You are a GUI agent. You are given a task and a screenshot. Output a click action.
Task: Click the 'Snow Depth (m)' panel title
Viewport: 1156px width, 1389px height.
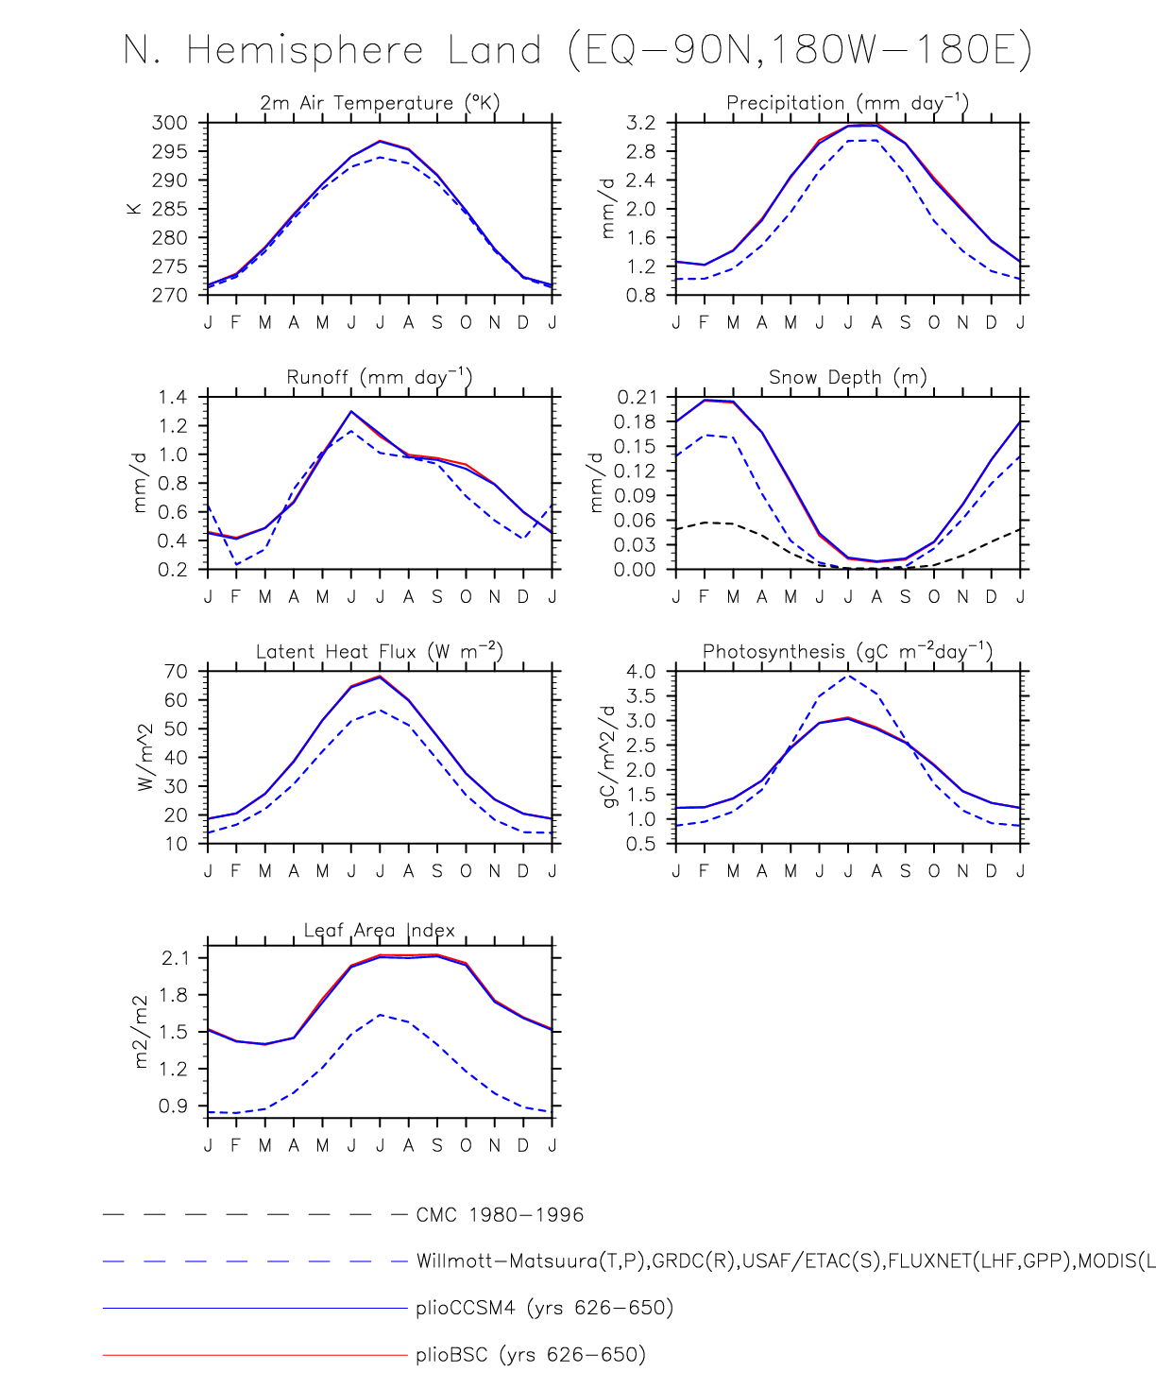click(x=847, y=377)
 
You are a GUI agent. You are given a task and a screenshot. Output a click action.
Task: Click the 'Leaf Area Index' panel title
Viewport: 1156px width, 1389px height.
click(x=380, y=931)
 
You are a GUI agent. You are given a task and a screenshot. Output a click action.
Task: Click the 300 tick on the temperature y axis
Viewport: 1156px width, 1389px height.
click(x=170, y=123)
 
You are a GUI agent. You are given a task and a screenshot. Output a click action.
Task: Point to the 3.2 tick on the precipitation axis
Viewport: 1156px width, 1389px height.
click(x=639, y=123)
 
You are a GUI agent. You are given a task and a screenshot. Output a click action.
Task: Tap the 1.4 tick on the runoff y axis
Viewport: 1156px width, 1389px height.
click(x=173, y=397)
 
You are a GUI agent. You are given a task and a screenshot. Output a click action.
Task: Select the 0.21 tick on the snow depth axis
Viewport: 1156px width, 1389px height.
click(x=637, y=397)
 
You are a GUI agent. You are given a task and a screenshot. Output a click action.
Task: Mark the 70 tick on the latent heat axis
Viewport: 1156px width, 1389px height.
click(x=176, y=672)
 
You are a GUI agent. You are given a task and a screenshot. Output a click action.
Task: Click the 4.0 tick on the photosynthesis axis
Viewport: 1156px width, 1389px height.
click(x=640, y=672)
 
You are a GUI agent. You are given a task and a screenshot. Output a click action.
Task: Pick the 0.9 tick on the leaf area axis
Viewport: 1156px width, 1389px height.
click(x=173, y=1106)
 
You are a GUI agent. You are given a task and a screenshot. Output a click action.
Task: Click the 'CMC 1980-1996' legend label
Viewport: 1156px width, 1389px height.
click(x=500, y=1215)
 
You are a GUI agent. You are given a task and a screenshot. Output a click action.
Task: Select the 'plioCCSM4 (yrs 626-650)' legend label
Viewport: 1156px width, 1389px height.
click(x=544, y=1309)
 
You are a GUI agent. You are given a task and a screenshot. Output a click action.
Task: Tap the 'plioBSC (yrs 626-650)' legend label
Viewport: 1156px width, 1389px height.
click(x=531, y=1355)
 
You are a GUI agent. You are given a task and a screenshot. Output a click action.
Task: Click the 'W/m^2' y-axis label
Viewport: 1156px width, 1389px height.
click(x=145, y=757)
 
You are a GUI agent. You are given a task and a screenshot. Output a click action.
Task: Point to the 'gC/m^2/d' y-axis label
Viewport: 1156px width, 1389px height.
click(x=610, y=757)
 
